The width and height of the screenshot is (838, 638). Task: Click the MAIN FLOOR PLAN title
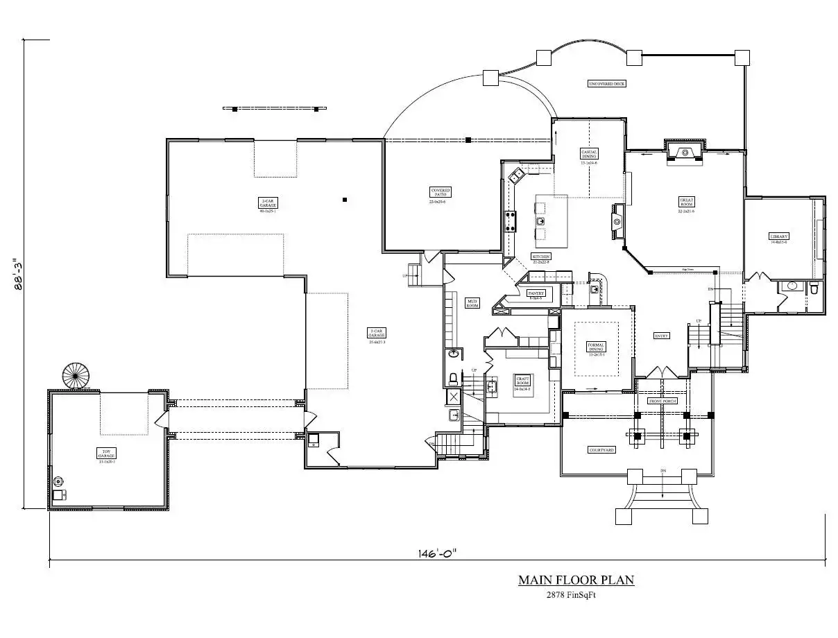576,580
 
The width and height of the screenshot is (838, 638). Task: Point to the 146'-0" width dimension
437,553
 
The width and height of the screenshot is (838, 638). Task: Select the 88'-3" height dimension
19,275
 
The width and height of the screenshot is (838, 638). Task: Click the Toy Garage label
106,454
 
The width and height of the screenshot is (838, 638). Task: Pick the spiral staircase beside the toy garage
76,377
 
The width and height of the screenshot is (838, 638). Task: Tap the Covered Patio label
441,192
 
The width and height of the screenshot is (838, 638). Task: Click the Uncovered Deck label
607,83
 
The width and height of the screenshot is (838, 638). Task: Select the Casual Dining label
589,154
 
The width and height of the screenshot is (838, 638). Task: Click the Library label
779,236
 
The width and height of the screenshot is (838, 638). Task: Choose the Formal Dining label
597,347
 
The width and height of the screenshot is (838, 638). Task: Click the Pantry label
536,293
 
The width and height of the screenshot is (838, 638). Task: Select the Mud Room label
472,302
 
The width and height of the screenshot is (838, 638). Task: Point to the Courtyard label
601,450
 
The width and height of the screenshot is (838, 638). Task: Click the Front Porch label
662,402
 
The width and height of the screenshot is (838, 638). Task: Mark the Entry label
662,336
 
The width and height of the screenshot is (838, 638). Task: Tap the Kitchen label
541,257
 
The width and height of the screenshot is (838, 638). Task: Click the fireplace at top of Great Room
685,152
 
